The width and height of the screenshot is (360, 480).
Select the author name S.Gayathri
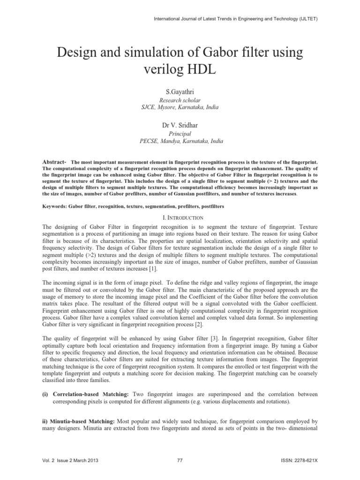click(x=180, y=93)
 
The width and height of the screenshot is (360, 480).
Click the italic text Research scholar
click(x=180, y=100)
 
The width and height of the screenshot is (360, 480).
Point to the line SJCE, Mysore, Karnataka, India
click(x=180, y=107)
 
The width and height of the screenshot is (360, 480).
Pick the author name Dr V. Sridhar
click(x=180, y=126)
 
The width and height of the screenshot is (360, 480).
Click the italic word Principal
click(x=180, y=134)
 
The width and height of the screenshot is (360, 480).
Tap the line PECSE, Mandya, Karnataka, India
click(x=180, y=141)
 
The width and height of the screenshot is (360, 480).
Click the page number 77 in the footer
click(x=180, y=461)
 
